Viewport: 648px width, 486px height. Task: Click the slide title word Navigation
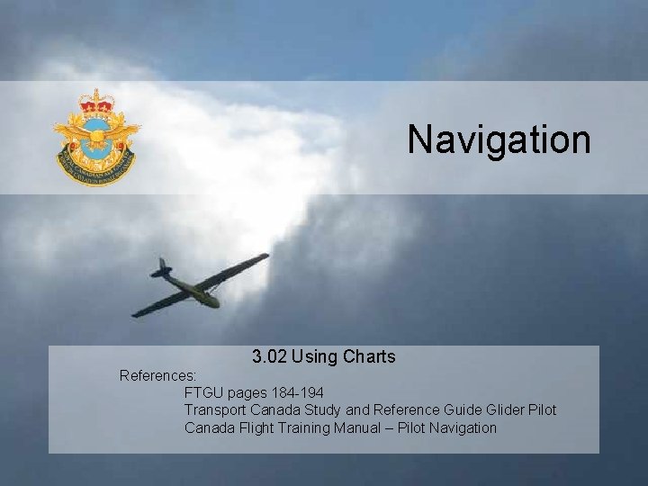click(499, 139)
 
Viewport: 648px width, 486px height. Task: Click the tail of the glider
click(162, 267)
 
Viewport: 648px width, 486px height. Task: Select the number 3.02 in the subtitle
click(270, 357)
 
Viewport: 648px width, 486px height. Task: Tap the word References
click(158, 374)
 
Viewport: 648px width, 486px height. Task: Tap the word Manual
click(354, 427)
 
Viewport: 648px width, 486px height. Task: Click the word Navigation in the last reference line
click(463, 427)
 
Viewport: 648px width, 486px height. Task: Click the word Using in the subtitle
click(311, 357)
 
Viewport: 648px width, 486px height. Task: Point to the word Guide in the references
click(460, 410)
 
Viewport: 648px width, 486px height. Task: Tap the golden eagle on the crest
click(96, 135)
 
